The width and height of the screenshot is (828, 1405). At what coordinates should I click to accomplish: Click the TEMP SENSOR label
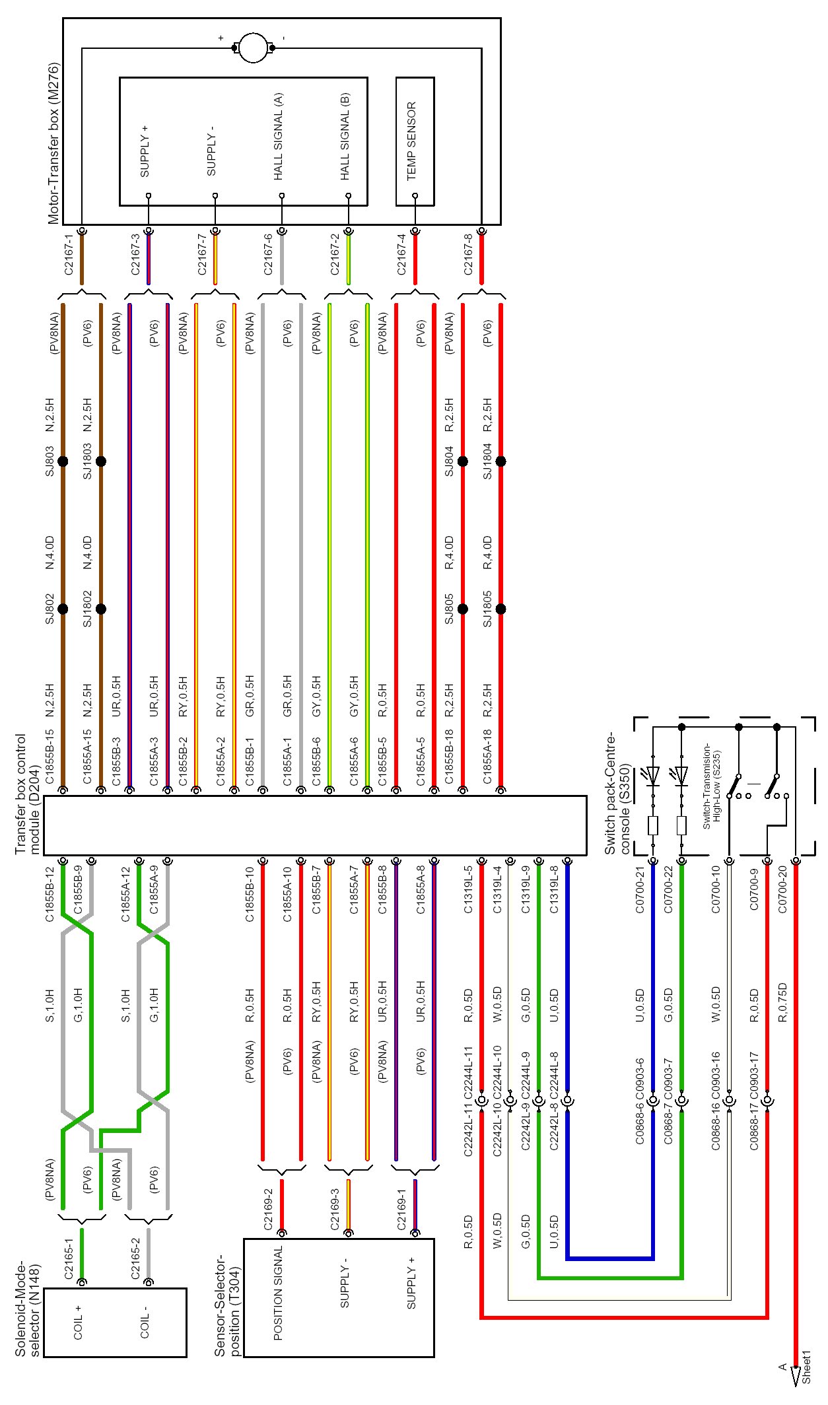pyautogui.click(x=411, y=141)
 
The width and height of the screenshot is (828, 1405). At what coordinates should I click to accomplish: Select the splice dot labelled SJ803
pyautogui.click(x=63, y=462)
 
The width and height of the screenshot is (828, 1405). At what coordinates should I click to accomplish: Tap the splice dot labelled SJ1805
pyautogui.click(x=500, y=609)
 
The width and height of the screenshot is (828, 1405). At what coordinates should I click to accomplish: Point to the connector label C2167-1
pyautogui.click(x=69, y=254)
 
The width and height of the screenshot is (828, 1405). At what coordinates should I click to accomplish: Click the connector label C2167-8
pyautogui.click(x=468, y=254)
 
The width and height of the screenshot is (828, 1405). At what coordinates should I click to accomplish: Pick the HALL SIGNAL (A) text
pyautogui.click(x=278, y=137)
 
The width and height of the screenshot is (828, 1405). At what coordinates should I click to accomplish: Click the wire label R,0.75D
pyautogui.click(x=782, y=1005)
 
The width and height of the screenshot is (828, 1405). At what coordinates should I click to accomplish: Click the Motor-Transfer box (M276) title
pyautogui.click(x=53, y=143)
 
